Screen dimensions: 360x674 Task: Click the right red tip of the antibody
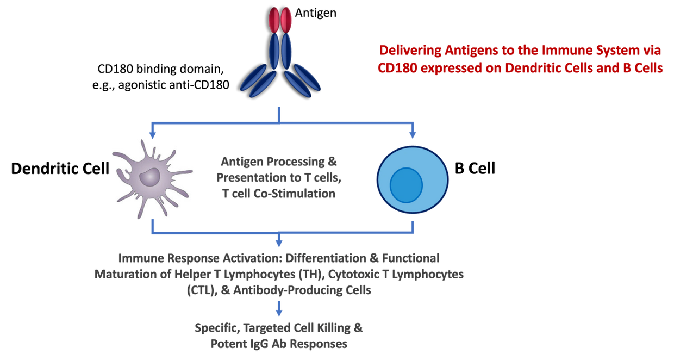coord(287,20)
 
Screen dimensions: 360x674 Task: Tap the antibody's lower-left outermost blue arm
coord(253,77)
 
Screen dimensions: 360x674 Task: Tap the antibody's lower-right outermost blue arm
coord(308,77)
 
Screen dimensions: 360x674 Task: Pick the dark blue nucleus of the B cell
coord(406,184)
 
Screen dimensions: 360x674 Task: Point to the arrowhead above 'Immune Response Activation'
coord(279,241)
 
